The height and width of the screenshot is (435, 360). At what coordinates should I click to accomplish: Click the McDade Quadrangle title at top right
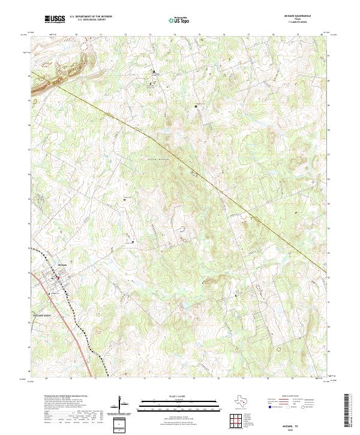tap(306, 16)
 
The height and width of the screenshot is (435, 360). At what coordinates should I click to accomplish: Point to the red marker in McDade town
tap(58, 277)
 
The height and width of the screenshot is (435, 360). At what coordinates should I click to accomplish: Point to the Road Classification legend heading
tap(307, 397)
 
